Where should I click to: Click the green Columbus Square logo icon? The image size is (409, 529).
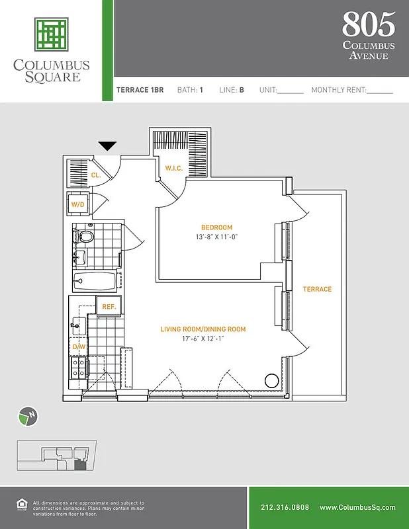point(52,34)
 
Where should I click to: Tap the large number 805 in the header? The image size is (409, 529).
point(368,24)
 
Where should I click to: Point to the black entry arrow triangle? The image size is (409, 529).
point(107,146)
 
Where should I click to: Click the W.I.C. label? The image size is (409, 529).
point(174,169)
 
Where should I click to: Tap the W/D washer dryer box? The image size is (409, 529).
point(78,205)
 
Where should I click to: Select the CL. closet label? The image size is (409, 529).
point(96,175)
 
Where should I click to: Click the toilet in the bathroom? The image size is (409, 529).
point(85,236)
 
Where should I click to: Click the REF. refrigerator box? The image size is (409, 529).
point(109,307)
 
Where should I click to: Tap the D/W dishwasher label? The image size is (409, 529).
point(78,346)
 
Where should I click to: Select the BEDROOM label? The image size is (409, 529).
point(216,227)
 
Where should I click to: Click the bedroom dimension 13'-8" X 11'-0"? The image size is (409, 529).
point(216,237)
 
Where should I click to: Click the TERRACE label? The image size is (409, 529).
point(317,290)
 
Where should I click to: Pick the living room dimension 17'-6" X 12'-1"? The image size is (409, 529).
point(203,339)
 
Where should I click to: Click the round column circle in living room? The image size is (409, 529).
point(271,381)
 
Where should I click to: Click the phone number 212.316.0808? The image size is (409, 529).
point(285,507)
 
